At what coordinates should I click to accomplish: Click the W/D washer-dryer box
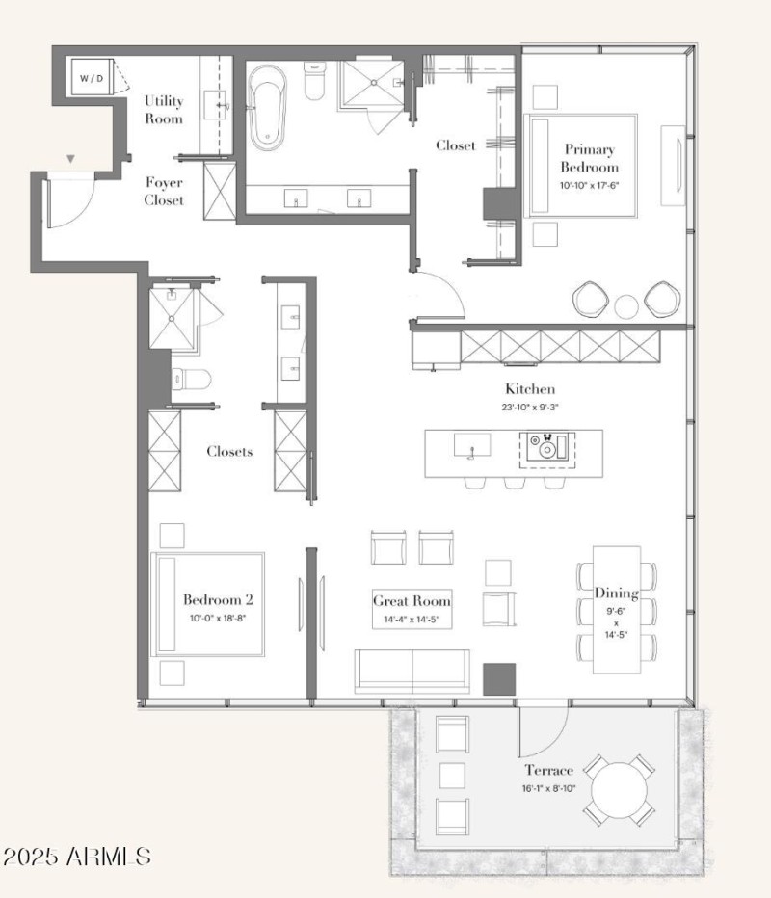pyautogui.click(x=92, y=77)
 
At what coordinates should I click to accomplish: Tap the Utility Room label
pyautogui.click(x=164, y=110)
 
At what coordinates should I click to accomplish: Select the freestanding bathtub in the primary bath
pyautogui.click(x=267, y=108)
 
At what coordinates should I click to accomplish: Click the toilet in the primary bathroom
pyautogui.click(x=314, y=80)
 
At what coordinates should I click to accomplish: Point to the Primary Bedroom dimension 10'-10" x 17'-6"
pyautogui.click(x=590, y=186)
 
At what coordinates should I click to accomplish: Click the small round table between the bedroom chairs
pyautogui.click(x=626, y=306)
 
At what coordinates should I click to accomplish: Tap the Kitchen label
pyautogui.click(x=530, y=389)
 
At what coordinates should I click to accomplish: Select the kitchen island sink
pyautogui.click(x=472, y=445)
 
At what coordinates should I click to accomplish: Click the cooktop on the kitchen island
pyautogui.click(x=547, y=448)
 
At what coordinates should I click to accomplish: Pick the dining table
pyautogui.click(x=617, y=610)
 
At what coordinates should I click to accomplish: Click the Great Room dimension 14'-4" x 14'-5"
pyautogui.click(x=412, y=620)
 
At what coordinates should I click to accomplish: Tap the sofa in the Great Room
pyautogui.click(x=412, y=672)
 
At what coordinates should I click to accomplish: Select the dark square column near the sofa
pyautogui.click(x=499, y=679)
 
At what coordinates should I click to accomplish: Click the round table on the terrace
pyautogui.click(x=619, y=791)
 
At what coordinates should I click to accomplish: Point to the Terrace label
pyautogui.click(x=548, y=770)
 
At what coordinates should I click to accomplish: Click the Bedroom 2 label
pyautogui.click(x=218, y=599)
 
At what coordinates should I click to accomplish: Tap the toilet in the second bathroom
pyautogui.click(x=192, y=379)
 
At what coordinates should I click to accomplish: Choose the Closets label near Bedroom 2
pyautogui.click(x=229, y=451)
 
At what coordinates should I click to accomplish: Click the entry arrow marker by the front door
pyautogui.click(x=70, y=159)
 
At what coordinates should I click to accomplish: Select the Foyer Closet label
pyautogui.click(x=164, y=191)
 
